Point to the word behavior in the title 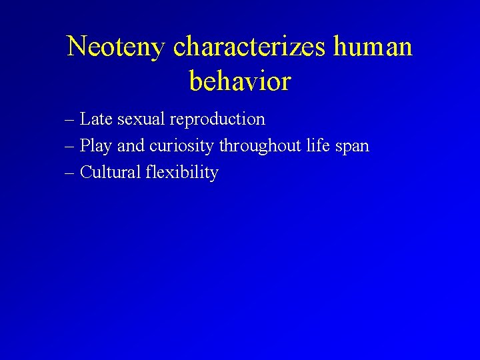pyautogui.click(x=240, y=81)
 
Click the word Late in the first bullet pyautogui.click(x=96, y=119)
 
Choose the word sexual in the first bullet pyautogui.click(x=141, y=119)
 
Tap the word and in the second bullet pyautogui.click(x=131, y=146)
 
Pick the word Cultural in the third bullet pyautogui.click(x=111, y=173)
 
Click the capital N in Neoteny pyautogui.click(x=77, y=47)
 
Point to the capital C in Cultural pyautogui.click(x=85, y=173)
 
